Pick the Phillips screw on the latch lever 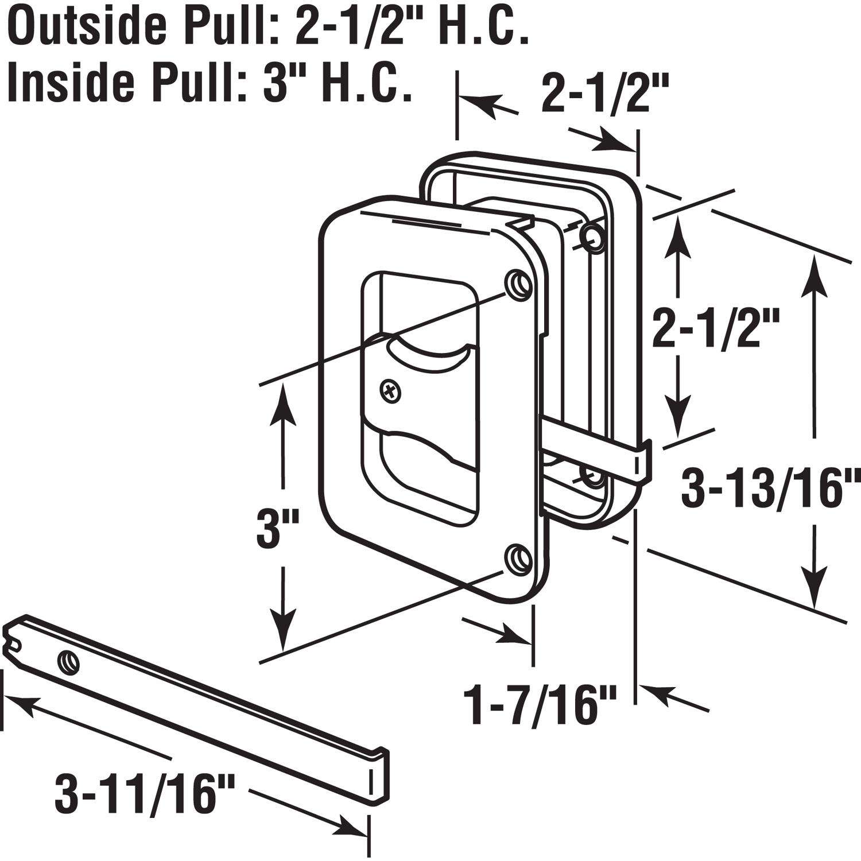[x=391, y=393]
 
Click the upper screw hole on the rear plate [x=592, y=236]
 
